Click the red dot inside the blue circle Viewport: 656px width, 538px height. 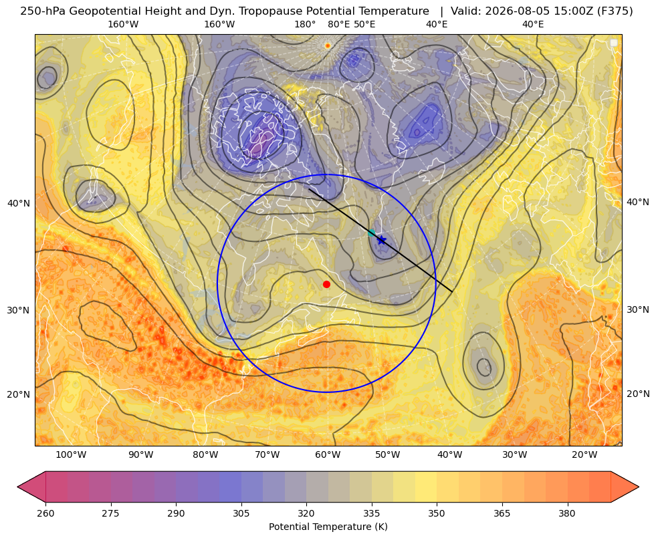(326, 284)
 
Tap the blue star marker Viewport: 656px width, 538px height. (381, 240)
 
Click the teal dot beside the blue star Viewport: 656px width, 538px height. (371, 233)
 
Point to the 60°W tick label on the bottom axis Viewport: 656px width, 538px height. (328, 455)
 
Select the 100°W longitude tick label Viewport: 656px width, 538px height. (71, 455)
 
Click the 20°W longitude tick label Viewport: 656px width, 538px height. (584, 455)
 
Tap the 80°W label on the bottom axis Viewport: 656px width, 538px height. (205, 455)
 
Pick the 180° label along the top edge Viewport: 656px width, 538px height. (305, 24)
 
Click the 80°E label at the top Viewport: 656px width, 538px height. (339, 24)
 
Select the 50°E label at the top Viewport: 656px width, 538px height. (364, 24)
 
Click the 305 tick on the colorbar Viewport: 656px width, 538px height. (241, 513)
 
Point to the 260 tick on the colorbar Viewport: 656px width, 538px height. (45, 513)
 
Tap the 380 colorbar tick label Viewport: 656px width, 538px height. (567, 513)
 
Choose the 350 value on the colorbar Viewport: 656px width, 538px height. (437, 513)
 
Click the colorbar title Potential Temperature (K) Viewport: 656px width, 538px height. (328, 527)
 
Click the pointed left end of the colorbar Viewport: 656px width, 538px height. (17, 487)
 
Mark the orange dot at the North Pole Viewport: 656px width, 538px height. (328, 45)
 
